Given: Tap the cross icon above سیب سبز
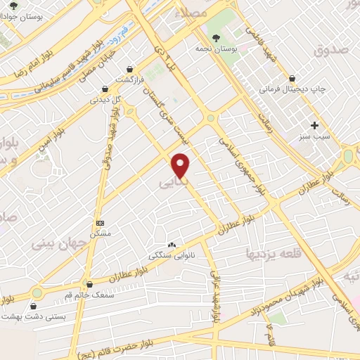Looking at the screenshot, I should coord(315,124).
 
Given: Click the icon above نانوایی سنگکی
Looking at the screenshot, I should coord(172,243).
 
